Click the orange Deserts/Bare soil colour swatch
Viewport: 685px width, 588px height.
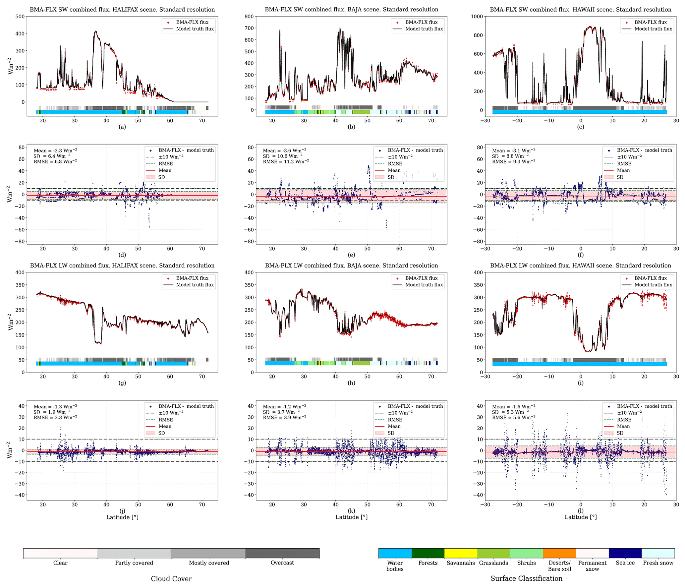click(x=559, y=553)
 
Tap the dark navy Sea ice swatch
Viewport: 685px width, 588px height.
click(x=625, y=553)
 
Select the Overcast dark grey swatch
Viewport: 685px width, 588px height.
click(x=282, y=553)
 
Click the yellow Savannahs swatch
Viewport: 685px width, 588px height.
click(x=460, y=553)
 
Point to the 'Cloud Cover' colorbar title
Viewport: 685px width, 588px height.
click(x=171, y=579)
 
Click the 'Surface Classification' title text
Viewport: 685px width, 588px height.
click(x=526, y=578)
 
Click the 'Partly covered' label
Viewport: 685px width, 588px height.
click(x=134, y=563)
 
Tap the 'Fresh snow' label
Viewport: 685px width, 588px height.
click(x=658, y=563)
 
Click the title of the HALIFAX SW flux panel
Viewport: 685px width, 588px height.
click(x=122, y=10)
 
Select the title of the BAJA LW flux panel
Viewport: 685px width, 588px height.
click(x=351, y=265)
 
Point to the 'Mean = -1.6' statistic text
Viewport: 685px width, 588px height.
click(x=513, y=406)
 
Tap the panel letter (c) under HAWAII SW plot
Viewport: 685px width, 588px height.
click(x=580, y=127)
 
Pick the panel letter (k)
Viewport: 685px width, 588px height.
click(x=351, y=511)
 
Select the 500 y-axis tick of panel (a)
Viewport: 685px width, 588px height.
click(x=20, y=17)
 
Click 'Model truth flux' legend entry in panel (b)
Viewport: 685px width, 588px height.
click(x=424, y=29)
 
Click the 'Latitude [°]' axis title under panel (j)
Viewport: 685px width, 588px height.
click(x=122, y=517)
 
